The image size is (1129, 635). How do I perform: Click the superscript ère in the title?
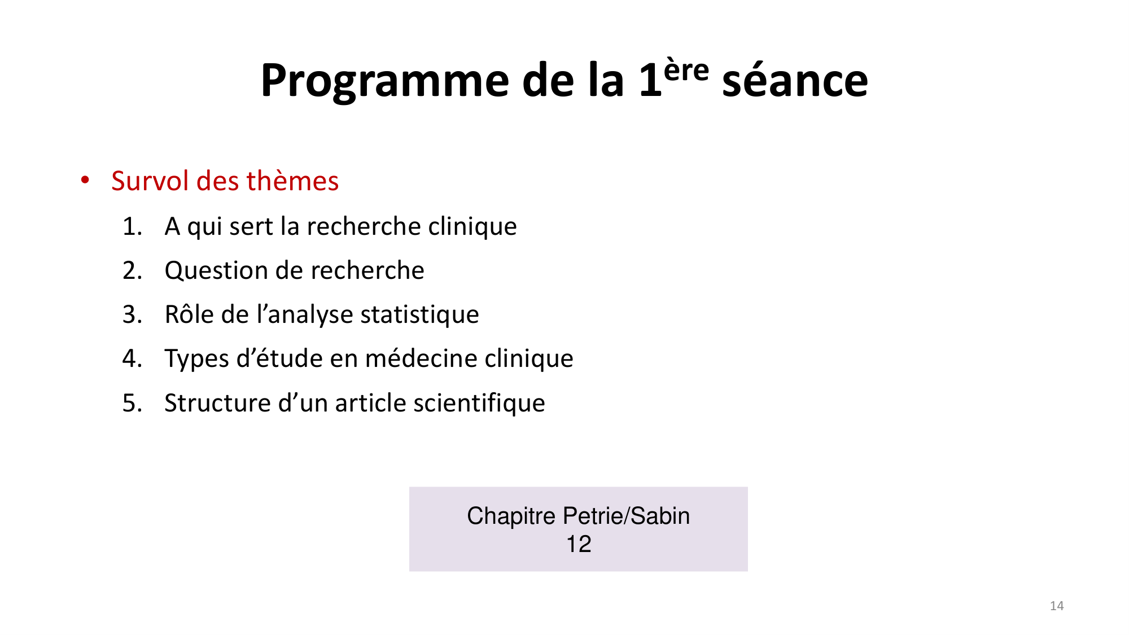pos(686,71)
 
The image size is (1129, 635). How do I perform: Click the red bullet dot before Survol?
pos(85,180)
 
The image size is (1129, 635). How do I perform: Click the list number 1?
pos(132,226)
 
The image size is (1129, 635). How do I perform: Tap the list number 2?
pos(132,270)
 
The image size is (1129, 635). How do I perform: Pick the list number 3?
pos(132,314)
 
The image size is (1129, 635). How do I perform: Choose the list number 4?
pos(132,358)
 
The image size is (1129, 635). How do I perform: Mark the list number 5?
pos(132,403)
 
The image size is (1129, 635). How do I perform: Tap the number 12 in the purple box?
pos(579,544)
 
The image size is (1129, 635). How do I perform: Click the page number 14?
pos(1057,606)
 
